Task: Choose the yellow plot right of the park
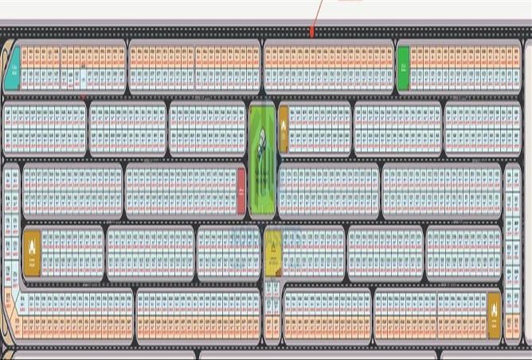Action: click(x=283, y=128)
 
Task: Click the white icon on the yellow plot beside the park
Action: click(x=283, y=125)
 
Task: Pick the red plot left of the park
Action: click(x=241, y=191)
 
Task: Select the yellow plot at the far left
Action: click(x=32, y=252)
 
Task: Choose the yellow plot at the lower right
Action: click(x=494, y=315)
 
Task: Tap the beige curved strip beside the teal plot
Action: click(x=6, y=60)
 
